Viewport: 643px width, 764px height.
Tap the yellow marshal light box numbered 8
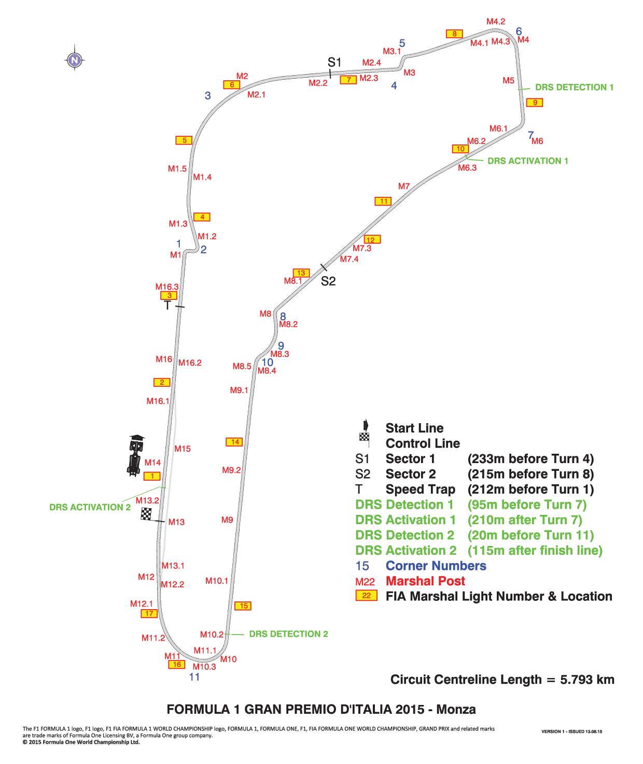click(x=454, y=34)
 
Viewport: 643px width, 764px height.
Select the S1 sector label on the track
click(x=334, y=62)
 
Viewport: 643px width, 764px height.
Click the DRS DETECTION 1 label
click(x=574, y=87)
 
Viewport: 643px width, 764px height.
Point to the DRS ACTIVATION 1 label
click(x=527, y=161)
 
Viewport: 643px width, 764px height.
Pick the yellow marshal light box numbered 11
click(x=383, y=201)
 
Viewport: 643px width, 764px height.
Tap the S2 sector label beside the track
click(x=328, y=281)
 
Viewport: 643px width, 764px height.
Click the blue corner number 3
click(x=208, y=95)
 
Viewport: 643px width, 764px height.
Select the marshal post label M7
click(x=404, y=186)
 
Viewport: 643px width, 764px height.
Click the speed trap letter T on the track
click(x=167, y=305)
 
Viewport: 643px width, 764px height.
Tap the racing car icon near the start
click(x=135, y=455)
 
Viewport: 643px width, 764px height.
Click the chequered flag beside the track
click(x=146, y=514)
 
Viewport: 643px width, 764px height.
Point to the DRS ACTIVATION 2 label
click(x=90, y=507)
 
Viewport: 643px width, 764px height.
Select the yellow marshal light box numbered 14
click(x=234, y=442)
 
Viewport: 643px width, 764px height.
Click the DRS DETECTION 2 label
click(x=289, y=634)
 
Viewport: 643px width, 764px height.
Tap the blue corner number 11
click(x=194, y=677)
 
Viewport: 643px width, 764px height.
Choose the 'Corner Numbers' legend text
click(x=436, y=566)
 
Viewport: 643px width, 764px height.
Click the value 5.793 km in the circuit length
click(x=588, y=680)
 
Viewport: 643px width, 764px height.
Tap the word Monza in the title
click(x=456, y=709)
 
